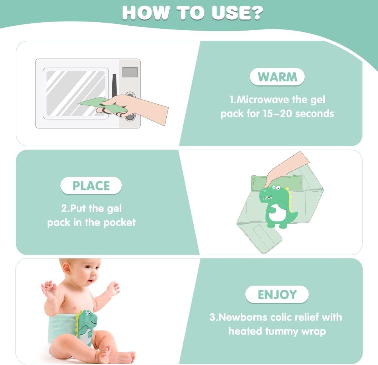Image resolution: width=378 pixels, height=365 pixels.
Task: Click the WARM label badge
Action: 277,77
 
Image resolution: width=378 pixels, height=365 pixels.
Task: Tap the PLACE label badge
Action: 91,186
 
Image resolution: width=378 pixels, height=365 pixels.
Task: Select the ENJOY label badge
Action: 277,294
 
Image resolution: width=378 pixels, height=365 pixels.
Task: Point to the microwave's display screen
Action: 130,72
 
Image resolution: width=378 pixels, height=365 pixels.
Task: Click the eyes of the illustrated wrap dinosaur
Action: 276,187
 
